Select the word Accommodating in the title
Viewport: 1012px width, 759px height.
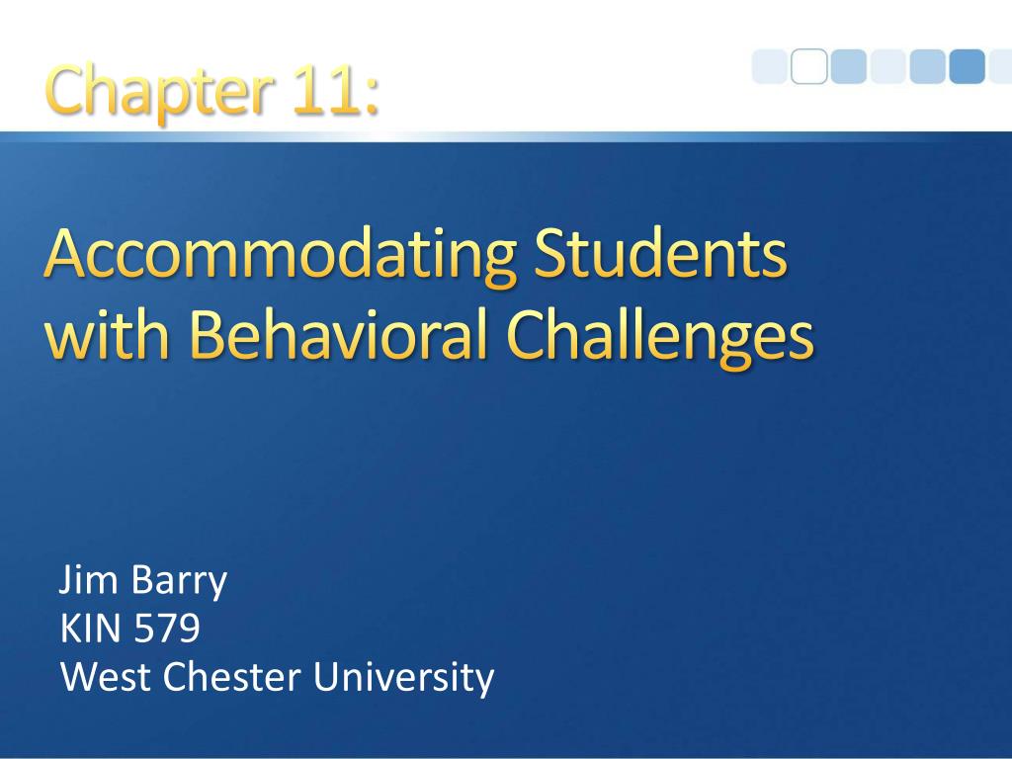(280, 256)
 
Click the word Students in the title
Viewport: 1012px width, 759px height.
(661, 252)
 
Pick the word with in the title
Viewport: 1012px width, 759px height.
(107, 333)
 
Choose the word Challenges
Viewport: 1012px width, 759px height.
(660, 338)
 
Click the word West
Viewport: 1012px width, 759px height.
(106, 676)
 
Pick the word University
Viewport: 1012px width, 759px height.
(403, 678)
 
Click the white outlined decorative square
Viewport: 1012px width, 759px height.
(808, 66)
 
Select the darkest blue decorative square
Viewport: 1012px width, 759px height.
(967, 66)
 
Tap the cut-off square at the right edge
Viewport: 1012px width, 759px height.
(1001, 66)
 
